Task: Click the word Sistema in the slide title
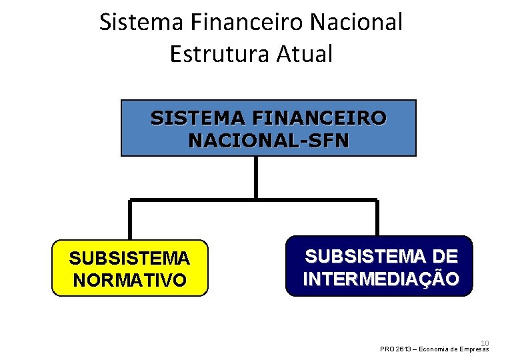point(142,22)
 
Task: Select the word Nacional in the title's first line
point(357,22)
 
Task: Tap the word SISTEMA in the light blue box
point(197,118)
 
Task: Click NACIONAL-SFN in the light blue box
point(269,141)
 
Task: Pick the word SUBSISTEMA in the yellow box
point(129,257)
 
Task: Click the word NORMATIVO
point(130,280)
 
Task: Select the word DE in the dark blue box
point(443,255)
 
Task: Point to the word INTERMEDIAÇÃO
point(381,278)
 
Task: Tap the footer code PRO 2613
point(395,349)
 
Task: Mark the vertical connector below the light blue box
point(255,177)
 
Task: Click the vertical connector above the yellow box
point(130,220)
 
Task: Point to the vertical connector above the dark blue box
point(377,218)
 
